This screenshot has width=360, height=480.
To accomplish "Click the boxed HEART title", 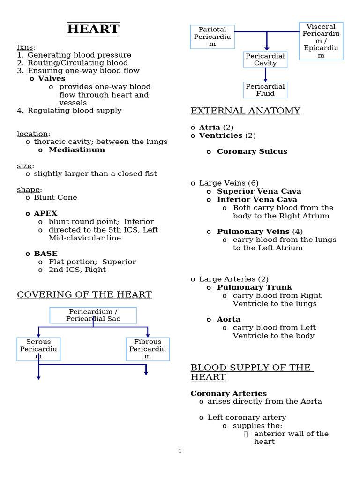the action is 93,29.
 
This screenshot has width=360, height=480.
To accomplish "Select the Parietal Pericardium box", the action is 212,37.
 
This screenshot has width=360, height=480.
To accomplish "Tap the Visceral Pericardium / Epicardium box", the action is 321,41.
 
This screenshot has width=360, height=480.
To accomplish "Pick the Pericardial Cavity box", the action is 265,60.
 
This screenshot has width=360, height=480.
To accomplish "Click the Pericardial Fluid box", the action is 265,90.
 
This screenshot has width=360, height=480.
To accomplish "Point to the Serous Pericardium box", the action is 38,349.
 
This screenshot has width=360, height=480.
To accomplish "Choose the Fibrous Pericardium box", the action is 148,349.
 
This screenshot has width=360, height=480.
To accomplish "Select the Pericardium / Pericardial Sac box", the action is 93,315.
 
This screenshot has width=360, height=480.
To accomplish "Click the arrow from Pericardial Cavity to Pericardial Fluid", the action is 265,75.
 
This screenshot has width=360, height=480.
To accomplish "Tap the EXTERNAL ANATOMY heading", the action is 245,111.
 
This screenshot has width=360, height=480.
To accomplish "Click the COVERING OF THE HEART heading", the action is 84,295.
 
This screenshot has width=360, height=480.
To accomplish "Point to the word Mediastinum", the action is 77,150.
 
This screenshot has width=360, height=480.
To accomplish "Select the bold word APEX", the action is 45,214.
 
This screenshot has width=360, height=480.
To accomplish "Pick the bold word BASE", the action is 45,254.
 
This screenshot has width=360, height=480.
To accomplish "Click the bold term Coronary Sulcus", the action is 252,151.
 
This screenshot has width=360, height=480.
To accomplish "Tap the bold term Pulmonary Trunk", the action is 255,287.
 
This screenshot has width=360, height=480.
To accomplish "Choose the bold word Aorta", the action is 229,319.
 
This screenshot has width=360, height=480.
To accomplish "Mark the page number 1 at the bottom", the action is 180,451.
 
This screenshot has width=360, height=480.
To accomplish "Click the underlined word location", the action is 32,134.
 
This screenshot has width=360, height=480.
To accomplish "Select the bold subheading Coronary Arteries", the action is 229,393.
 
